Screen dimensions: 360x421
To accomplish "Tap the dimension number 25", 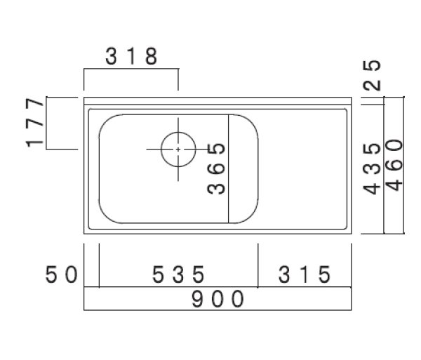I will click(x=374, y=75).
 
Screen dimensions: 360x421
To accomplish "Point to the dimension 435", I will click(x=374, y=168).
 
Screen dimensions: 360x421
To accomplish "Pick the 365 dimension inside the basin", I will click(x=218, y=168).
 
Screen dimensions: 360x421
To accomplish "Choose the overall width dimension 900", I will click(x=218, y=299).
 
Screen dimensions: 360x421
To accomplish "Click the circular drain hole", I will click(x=177, y=149).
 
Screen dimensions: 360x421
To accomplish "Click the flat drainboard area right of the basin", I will click(x=305, y=168).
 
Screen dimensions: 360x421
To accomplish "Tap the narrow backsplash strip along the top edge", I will click(x=218, y=101).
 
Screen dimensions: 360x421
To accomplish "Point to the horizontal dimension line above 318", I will click(x=131, y=69).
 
